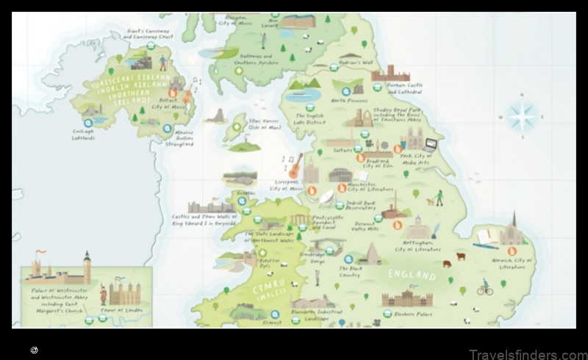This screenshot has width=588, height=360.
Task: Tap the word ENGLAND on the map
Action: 412,276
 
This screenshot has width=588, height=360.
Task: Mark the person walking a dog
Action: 438,198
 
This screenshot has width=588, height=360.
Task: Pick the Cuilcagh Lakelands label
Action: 83,134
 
